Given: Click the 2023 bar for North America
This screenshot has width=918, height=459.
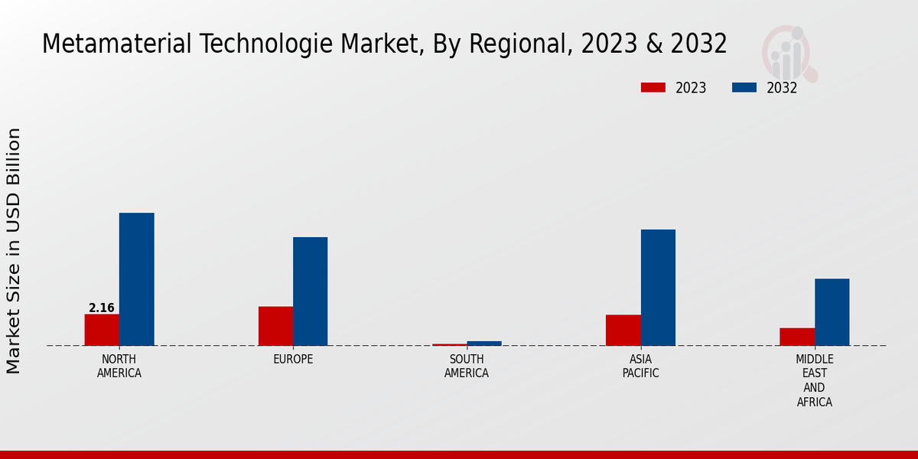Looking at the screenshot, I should click(102, 330).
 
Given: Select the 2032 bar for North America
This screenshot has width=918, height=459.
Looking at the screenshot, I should click(136, 279).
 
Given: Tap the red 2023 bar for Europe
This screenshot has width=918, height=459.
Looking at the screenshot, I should click(275, 326).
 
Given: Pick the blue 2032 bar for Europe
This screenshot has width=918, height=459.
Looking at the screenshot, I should click(310, 291).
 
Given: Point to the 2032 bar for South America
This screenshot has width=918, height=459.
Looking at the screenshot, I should click(483, 343).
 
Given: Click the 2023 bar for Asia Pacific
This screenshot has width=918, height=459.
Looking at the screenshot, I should click(623, 330).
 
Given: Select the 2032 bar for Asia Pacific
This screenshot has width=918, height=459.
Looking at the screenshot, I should click(658, 288).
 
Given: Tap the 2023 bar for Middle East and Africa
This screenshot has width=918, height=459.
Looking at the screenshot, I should click(796, 337).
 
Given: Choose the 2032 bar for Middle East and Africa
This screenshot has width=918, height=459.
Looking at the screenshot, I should click(832, 312).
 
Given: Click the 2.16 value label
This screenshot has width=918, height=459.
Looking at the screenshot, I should click(102, 308).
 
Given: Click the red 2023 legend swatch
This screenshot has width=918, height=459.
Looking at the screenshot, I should click(653, 87).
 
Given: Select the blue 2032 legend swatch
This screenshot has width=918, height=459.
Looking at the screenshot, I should click(744, 87).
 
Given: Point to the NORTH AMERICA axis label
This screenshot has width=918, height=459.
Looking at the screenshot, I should click(119, 366).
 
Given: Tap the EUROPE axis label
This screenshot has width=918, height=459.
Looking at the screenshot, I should click(293, 360).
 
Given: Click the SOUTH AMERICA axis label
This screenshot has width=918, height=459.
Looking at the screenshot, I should click(467, 366).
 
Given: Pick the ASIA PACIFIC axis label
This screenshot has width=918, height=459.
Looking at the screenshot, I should click(640, 366).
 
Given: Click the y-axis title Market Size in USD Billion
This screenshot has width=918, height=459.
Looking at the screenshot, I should click(14, 251).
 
